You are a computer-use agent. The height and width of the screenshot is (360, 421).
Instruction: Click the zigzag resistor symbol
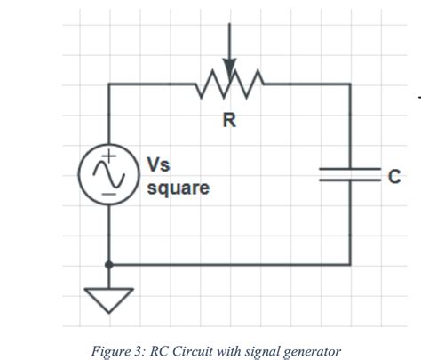(229, 85)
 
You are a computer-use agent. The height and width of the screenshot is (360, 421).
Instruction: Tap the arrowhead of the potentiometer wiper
(229, 71)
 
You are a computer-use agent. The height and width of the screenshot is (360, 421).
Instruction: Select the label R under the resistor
(229, 121)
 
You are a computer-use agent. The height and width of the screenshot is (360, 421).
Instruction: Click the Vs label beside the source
(157, 166)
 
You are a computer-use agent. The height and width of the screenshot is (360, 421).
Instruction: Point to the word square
(178, 188)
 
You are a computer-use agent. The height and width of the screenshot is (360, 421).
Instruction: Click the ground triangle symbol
(108, 300)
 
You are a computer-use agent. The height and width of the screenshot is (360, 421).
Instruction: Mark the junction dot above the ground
(108, 264)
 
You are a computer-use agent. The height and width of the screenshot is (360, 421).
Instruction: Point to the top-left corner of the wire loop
(108, 85)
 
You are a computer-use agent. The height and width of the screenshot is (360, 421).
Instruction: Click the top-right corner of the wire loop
(349, 85)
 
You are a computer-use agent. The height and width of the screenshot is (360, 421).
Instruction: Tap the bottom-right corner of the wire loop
(349, 264)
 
